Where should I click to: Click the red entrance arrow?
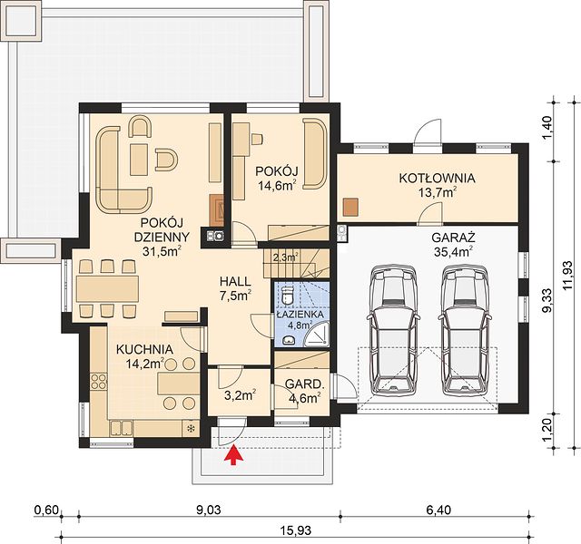(234, 455)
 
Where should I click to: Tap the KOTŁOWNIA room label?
(437, 178)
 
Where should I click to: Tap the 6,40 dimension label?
(438, 510)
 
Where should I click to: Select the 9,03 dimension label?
(208, 510)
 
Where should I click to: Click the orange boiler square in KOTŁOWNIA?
(350, 207)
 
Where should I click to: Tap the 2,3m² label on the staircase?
(286, 257)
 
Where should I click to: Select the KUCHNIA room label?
(144, 349)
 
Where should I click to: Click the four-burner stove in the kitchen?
(99, 382)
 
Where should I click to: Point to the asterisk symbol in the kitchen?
(192, 429)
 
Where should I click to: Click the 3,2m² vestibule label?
(241, 395)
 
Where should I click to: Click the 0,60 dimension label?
(46, 510)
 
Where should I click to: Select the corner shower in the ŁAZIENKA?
(318, 334)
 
